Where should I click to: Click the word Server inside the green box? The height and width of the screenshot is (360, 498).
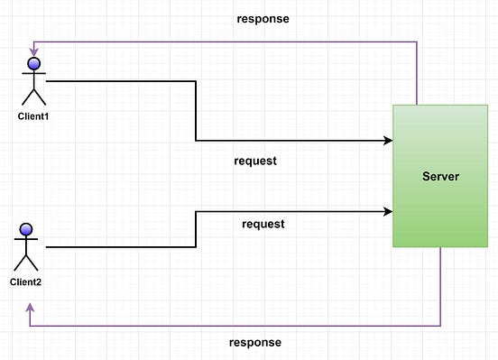(x=440, y=176)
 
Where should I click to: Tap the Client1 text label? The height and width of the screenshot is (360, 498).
(x=34, y=117)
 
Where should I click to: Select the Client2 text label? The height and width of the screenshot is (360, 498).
(x=26, y=282)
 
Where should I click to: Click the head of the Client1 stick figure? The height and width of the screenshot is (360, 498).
(x=34, y=64)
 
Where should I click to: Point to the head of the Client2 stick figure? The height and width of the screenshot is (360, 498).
(x=26, y=228)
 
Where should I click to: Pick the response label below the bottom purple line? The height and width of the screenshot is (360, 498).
(x=255, y=343)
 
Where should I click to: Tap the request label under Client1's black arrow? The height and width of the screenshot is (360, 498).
(x=255, y=162)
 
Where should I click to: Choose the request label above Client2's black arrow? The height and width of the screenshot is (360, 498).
(x=263, y=224)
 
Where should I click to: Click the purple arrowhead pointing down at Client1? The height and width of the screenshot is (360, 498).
(x=34, y=52)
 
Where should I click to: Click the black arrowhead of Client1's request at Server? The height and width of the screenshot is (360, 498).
(x=388, y=141)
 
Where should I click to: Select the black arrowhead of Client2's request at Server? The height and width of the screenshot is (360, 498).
(x=388, y=212)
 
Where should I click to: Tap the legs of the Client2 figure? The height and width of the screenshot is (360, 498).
(x=26, y=263)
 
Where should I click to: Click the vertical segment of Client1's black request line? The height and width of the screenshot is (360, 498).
(x=196, y=111)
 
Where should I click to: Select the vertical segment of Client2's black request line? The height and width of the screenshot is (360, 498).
(x=196, y=229)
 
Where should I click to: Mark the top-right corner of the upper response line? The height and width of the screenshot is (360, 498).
(x=417, y=41)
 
